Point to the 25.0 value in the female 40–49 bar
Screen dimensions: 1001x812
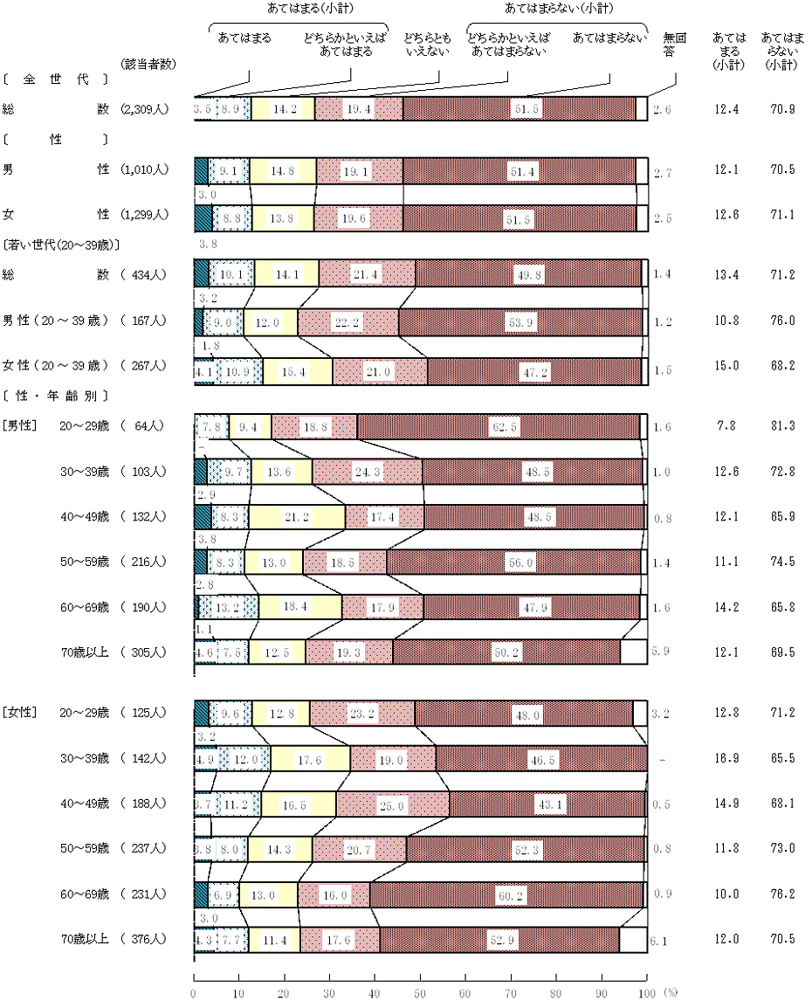[392, 804]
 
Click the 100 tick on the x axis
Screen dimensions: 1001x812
[646, 992]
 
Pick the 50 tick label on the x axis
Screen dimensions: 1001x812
[419, 992]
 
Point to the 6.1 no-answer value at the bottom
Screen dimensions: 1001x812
[660, 940]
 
